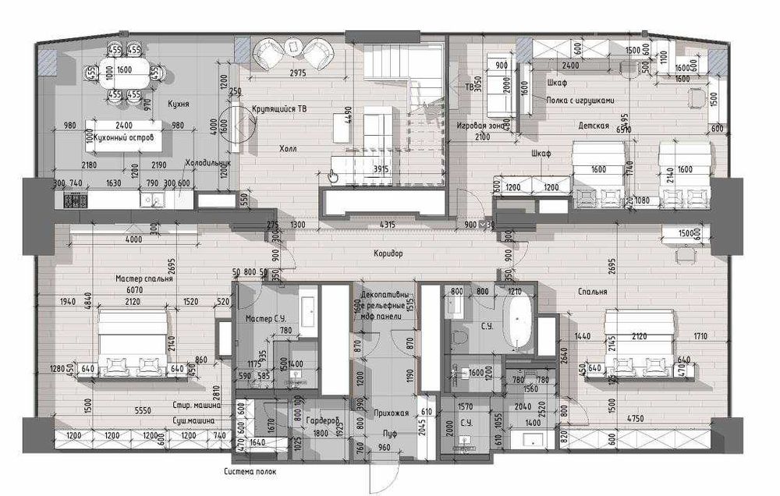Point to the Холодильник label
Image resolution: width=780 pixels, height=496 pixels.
(x=209, y=164)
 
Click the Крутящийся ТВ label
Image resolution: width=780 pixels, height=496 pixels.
(x=278, y=109)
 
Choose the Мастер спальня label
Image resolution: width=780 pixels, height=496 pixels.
(x=144, y=278)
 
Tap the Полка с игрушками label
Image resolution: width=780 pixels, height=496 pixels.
(x=581, y=99)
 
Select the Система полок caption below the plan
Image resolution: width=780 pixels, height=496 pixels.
(x=249, y=472)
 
